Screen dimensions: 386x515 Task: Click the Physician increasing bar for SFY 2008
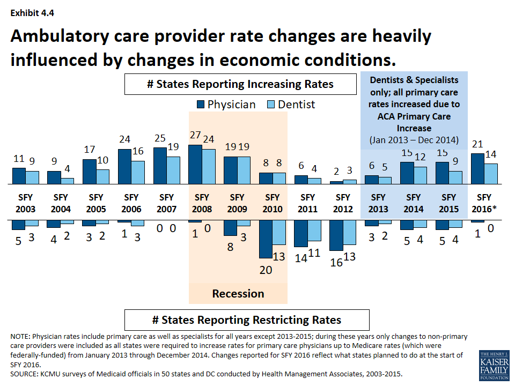[x=195, y=165]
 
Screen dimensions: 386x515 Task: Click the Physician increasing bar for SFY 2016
[x=477, y=169]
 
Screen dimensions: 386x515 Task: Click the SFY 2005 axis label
[x=95, y=203]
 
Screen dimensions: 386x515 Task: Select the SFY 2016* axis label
[x=484, y=203]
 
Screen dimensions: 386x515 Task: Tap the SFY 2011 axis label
[x=308, y=203]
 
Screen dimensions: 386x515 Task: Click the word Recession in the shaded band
[x=238, y=293]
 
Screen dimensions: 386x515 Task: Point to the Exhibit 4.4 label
[x=31, y=12]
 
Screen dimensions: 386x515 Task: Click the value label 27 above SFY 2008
[x=195, y=135]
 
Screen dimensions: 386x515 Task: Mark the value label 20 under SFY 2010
[x=266, y=270]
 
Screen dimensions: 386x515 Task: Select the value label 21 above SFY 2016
[x=477, y=144]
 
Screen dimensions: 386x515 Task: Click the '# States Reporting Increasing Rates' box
[x=240, y=84]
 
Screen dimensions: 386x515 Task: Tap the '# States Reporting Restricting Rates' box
[x=247, y=320]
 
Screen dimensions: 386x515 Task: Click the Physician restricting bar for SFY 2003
[x=19, y=224]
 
